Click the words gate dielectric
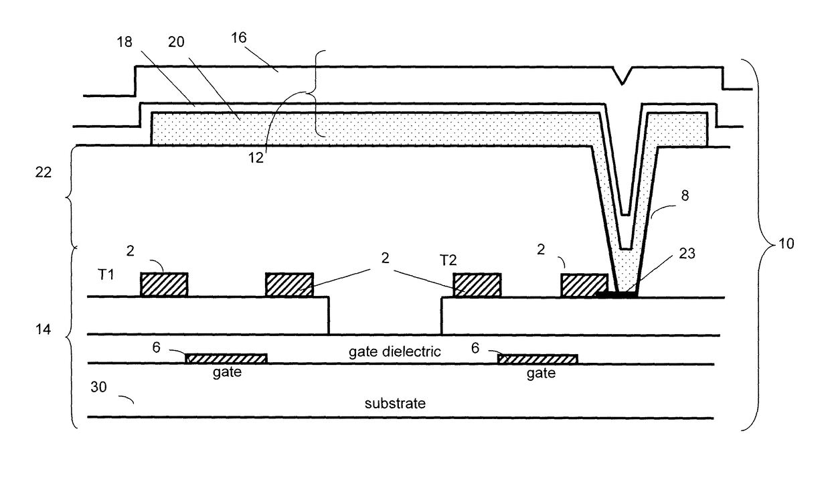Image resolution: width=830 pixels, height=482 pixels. tap(394, 351)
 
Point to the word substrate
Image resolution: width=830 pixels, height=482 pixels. tap(395, 404)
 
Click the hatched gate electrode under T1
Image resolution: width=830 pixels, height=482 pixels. tap(226, 358)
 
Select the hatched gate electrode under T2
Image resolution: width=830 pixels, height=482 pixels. tap(537, 358)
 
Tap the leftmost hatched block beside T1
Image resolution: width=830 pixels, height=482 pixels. tap(164, 285)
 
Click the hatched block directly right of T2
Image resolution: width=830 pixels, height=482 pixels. tap(477, 285)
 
